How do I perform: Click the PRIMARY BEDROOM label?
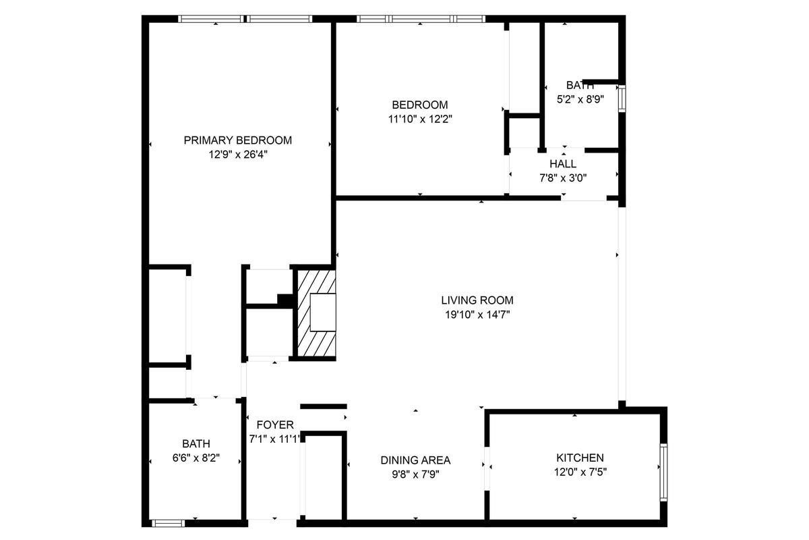coord(237,140)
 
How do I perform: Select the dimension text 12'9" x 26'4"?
coord(237,154)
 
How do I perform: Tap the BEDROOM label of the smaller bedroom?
coord(419,105)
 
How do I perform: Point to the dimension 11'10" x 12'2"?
coord(419,119)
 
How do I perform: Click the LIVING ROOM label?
coord(477,300)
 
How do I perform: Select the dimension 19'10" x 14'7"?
coord(477,313)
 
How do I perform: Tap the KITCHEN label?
coord(579,458)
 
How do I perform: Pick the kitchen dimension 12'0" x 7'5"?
coord(579,472)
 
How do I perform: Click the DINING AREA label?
coord(415,460)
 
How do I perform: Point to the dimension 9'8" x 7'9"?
coord(415,474)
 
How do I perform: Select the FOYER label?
coord(275,425)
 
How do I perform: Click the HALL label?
coord(563,164)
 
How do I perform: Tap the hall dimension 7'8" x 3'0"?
coord(563,178)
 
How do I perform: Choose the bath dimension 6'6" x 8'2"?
coord(196,458)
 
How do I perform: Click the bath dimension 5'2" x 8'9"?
coord(579,99)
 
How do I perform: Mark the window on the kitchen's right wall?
coord(663,472)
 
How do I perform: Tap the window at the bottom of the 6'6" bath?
coord(168,522)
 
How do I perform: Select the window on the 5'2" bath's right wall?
coord(622,98)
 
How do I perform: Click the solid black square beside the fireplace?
coord(285,300)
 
